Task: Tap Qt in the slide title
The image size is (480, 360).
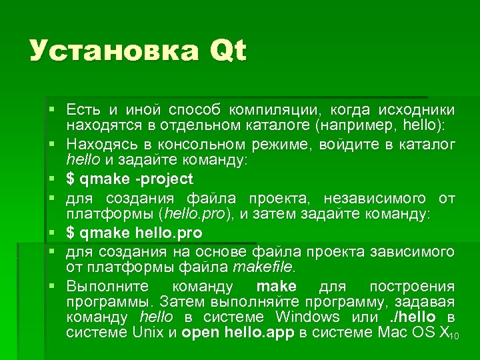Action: coord(227,52)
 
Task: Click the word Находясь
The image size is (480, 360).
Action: coord(98,145)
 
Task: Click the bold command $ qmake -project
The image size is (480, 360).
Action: coord(129,179)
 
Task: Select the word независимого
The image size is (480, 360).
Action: coord(376,198)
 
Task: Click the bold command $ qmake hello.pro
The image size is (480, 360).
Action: coord(134,233)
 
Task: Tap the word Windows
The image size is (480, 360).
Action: coord(307,317)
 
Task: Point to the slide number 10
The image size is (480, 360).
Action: coord(455,336)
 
